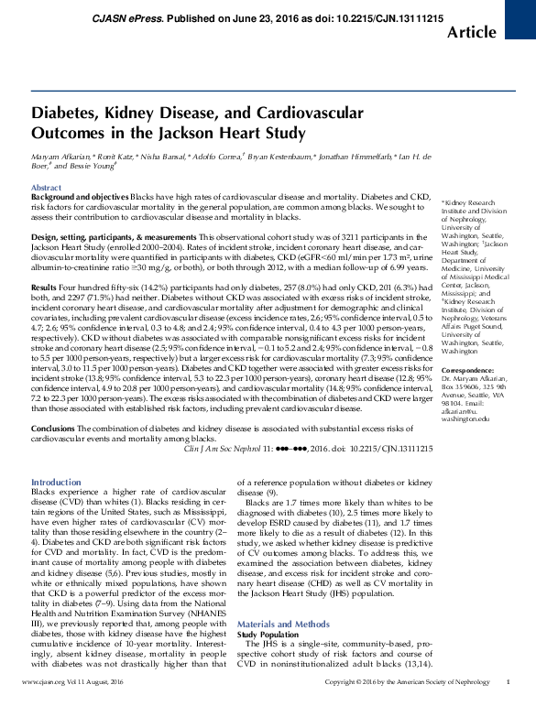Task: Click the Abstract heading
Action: (x=47, y=187)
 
